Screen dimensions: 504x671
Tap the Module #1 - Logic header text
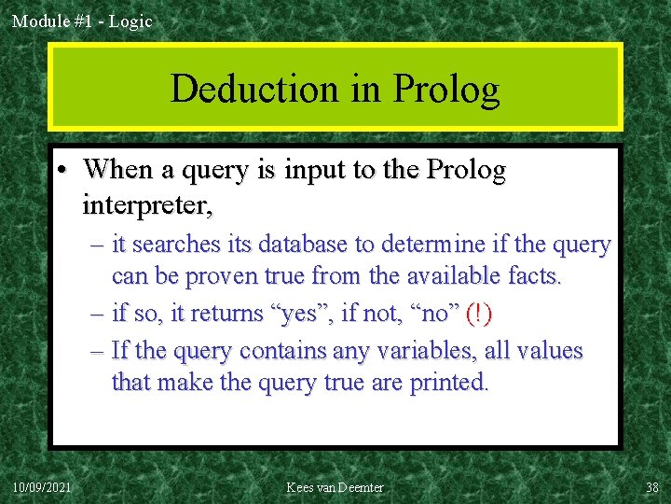(x=82, y=21)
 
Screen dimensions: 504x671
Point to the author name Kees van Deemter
(x=335, y=487)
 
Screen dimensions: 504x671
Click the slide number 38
(x=651, y=487)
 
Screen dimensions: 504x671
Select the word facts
(x=529, y=277)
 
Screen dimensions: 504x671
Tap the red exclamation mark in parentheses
(x=478, y=314)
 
